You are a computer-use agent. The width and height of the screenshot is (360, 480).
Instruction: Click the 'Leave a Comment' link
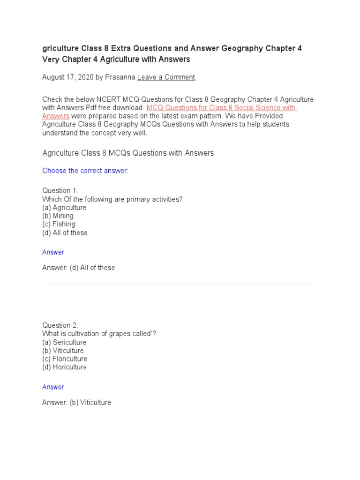(x=166, y=77)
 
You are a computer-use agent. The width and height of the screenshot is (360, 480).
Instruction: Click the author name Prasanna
(x=120, y=77)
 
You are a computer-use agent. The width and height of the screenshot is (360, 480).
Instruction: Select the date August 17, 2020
(x=68, y=77)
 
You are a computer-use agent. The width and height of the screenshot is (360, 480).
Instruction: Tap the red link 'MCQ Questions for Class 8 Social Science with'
(x=221, y=108)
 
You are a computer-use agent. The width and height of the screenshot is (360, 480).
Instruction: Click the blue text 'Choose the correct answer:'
(x=85, y=171)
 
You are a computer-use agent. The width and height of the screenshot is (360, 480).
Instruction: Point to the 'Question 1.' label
(x=60, y=191)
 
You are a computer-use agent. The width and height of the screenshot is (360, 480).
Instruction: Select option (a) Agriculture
(x=64, y=208)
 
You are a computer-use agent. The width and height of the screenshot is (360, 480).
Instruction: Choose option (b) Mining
(x=58, y=216)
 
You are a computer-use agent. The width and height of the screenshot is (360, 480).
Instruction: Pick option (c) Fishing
(x=59, y=225)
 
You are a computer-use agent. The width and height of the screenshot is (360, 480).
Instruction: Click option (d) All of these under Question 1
(x=65, y=233)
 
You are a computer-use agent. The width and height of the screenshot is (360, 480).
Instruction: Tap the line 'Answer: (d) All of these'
(x=78, y=268)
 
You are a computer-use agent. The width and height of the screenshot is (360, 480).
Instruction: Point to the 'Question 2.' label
(x=60, y=325)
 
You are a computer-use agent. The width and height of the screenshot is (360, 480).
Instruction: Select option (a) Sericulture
(x=64, y=343)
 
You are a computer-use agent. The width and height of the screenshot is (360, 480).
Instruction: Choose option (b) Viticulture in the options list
(x=63, y=351)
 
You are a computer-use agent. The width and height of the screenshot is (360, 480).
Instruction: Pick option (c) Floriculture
(x=65, y=359)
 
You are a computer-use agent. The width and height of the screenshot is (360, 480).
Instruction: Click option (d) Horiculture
(x=64, y=367)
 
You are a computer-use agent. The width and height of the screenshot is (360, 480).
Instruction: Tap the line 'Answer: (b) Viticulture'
(x=76, y=402)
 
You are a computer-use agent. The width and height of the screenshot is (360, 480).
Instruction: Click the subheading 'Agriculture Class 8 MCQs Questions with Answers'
(x=128, y=153)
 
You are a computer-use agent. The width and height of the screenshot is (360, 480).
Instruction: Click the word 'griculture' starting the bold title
(x=60, y=48)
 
